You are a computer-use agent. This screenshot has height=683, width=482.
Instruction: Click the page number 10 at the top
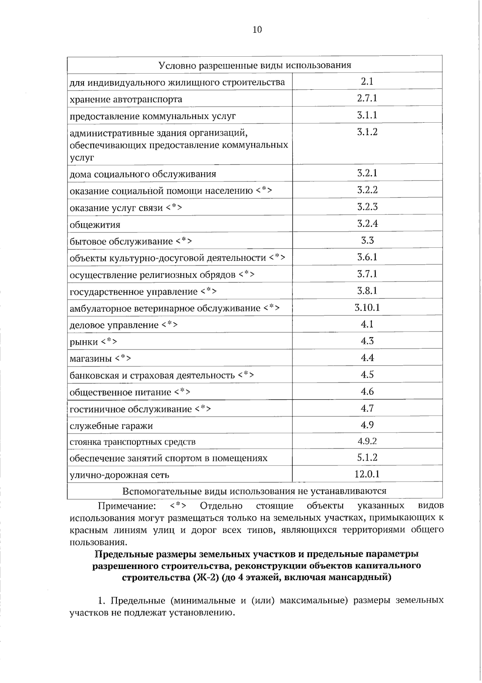(x=257, y=29)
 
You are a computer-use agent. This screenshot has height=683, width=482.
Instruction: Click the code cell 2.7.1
(x=367, y=99)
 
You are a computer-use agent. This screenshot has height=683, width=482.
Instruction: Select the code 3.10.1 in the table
(x=367, y=308)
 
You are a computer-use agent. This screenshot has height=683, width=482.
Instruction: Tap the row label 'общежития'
(x=95, y=225)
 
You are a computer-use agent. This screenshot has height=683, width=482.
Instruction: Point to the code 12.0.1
(x=367, y=474)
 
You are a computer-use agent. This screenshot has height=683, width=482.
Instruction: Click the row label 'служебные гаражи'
(x=111, y=426)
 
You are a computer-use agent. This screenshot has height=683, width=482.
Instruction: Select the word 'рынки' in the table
(x=84, y=342)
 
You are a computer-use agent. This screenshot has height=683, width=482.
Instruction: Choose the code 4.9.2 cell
(x=367, y=441)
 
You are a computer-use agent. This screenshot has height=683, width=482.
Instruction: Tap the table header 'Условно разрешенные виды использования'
(x=255, y=65)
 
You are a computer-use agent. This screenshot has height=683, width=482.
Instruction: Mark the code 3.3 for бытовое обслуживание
(x=367, y=241)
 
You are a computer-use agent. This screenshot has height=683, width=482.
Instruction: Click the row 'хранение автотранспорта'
(x=126, y=99)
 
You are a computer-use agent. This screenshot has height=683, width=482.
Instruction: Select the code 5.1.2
(x=367, y=458)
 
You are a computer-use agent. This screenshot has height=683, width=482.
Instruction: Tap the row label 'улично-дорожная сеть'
(x=119, y=475)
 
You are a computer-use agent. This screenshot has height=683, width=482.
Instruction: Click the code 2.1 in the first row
(x=367, y=82)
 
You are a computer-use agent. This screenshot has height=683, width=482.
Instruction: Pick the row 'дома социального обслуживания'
(x=143, y=174)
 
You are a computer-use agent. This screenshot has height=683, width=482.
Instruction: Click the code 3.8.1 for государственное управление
(x=367, y=291)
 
